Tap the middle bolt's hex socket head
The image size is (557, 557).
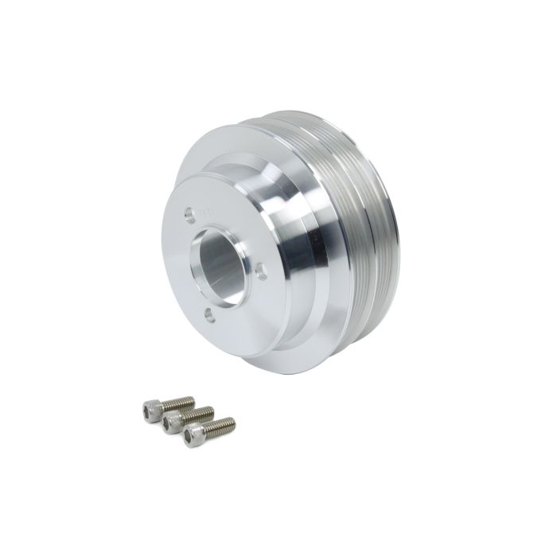[169, 424]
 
